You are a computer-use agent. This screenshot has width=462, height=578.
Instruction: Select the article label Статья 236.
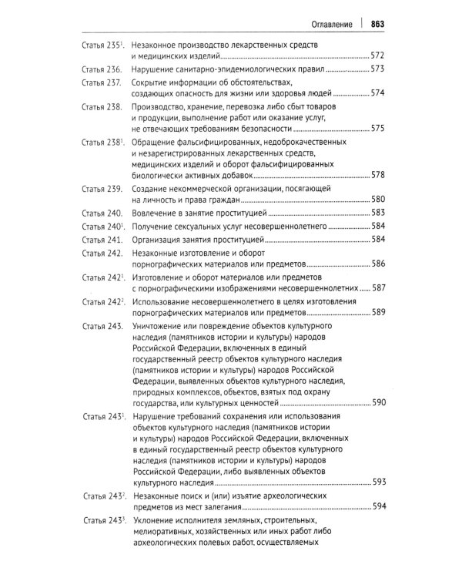(x=102, y=69)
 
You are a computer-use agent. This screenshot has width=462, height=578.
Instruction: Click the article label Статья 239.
(x=102, y=189)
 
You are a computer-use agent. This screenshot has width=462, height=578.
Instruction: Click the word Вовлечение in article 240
(x=156, y=212)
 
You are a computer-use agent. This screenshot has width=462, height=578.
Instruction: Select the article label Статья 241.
(x=102, y=239)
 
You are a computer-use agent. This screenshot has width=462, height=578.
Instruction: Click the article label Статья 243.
(x=102, y=326)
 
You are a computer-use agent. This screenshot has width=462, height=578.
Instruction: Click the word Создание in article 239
(x=152, y=189)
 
